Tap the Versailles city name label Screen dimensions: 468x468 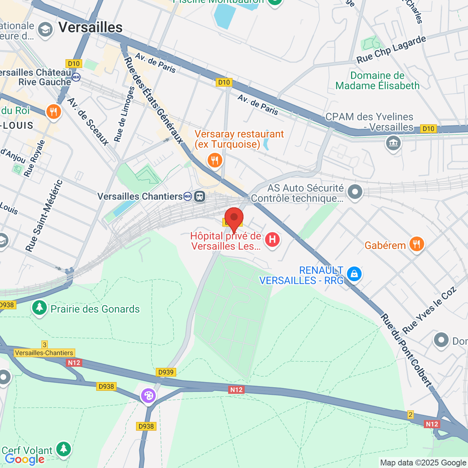[x=90, y=27]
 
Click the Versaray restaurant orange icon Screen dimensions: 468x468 [x=214, y=160]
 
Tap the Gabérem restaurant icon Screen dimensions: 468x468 [x=417, y=245]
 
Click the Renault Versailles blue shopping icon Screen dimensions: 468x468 [x=354, y=274]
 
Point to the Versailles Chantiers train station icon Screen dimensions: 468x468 [x=200, y=197]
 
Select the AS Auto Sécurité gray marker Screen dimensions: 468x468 [x=355, y=192]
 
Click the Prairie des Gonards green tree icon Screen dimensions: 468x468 [x=39, y=307]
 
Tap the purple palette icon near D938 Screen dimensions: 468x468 [x=148, y=396]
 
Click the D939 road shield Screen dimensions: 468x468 [x=166, y=372]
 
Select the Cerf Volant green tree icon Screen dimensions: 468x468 [x=64, y=448]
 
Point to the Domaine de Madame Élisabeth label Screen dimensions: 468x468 [x=377, y=81]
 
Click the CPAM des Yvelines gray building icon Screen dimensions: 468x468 [x=393, y=143]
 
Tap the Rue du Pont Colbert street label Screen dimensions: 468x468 [x=406, y=350]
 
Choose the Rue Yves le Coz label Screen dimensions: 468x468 [x=429, y=310]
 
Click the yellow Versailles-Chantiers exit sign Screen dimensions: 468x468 [x=44, y=353]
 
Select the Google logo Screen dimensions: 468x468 [x=25, y=459]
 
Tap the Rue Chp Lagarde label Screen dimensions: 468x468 [x=391, y=49]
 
